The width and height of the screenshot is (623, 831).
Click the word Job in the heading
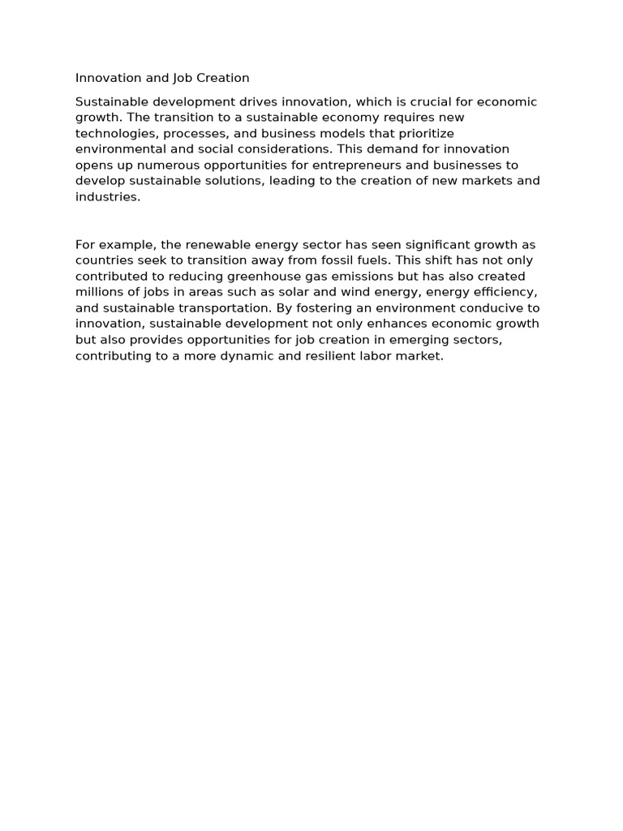pos(183,78)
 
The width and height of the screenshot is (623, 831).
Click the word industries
pos(106,196)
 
